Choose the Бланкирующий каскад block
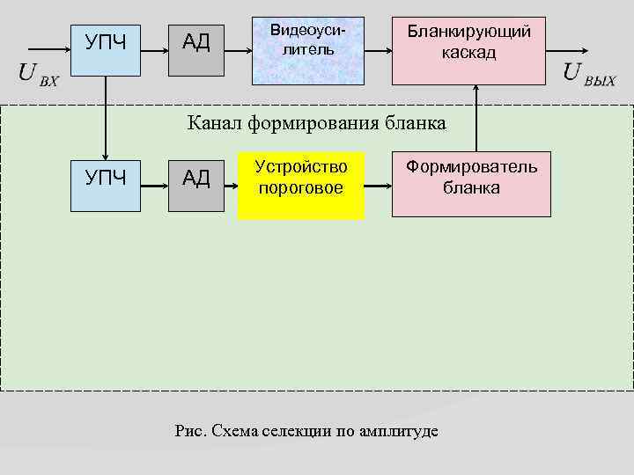tap(469, 51)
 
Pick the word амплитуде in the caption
tap(398, 430)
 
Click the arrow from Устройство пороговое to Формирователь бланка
tap(378, 186)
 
